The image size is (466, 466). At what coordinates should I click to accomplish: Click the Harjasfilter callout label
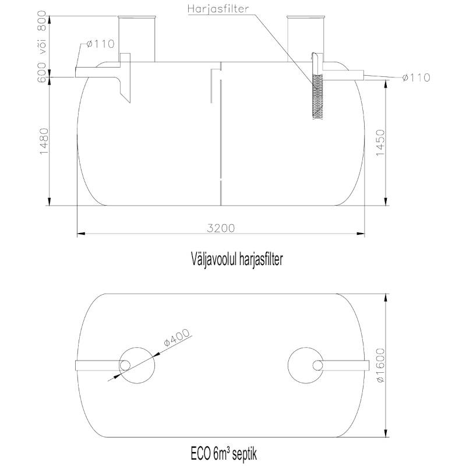pos(218,9)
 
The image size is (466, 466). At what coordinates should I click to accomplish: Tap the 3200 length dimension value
pos(221,228)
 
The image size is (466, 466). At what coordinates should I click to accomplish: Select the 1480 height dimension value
pos(44,141)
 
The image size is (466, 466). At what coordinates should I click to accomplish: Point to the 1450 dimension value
pos(381,143)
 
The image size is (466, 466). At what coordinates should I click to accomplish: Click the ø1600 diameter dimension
pos(380,365)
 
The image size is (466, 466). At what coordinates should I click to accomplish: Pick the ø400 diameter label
pos(176,337)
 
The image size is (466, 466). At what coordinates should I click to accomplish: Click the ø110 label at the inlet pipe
pos(100,44)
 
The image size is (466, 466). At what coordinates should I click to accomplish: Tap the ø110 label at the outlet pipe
pos(416,77)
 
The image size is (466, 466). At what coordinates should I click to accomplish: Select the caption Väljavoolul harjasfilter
pos(236,259)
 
